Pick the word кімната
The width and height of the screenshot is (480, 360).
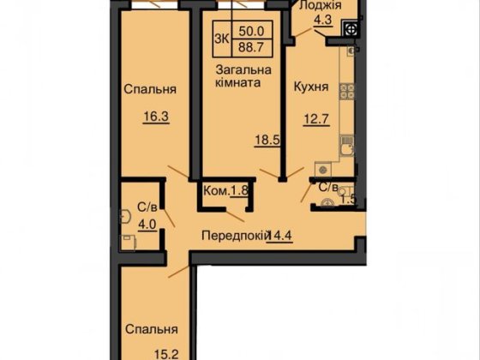click(x=237, y=84)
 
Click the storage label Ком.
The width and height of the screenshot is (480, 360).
click(x=215, y=190)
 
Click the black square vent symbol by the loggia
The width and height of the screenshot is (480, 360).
click(x=351, y=27)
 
